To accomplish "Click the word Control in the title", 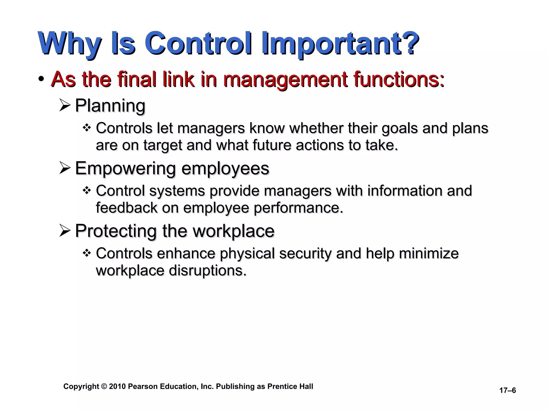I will (x=198, y=43).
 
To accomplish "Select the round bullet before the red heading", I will (x=41, y=79).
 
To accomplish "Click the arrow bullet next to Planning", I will (x=65, y=105).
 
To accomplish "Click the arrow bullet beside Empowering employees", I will (x=65, y=169).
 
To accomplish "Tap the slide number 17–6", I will (x=507, y=390).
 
